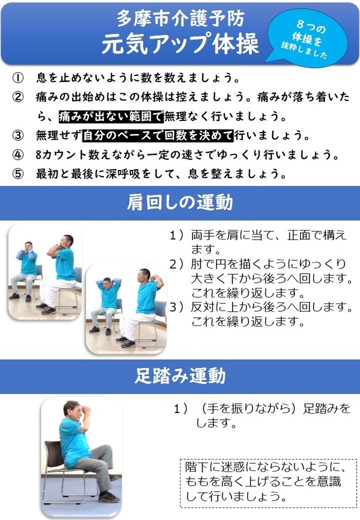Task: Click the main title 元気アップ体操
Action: (x=180, y=44)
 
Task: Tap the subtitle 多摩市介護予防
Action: (x=180, y=19)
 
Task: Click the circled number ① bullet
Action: (x=18, y=79)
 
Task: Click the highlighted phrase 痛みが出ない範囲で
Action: (x=111, y=116)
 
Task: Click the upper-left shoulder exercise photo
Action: (x=45, y=271)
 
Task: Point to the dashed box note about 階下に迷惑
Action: (x=267, y=482)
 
